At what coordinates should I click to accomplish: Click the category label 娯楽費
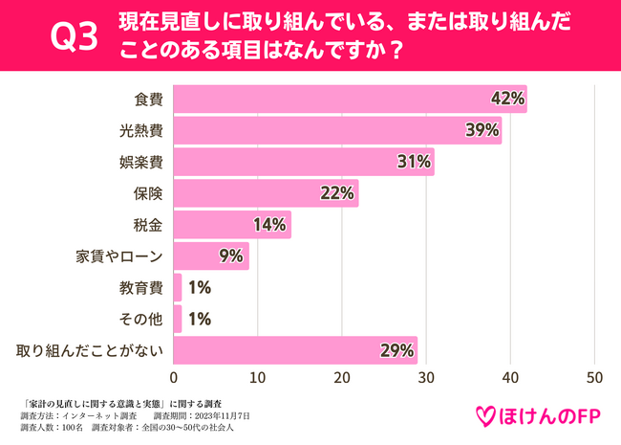coord(139,162)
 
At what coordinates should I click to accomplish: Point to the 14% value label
coord(270,225)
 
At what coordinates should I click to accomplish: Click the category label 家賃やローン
coord(119,256)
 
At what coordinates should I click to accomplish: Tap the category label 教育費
coord(139,287)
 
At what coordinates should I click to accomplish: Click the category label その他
coord(139,319)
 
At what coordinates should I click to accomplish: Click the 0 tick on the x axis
coord(174,376)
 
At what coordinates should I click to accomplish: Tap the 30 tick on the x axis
coord(426,376)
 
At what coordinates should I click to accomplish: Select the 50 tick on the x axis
coord(594,376)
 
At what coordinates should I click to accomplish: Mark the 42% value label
coord(507,99)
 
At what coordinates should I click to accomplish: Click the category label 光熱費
coord(139,130)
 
